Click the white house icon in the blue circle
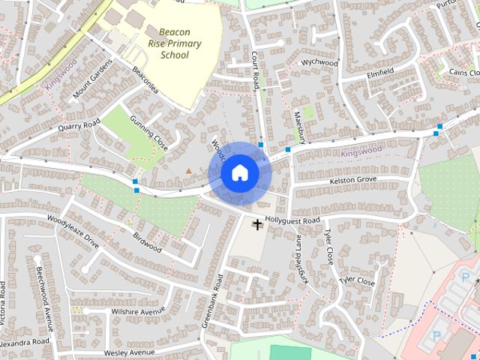240,173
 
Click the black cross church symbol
257,224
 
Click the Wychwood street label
319,64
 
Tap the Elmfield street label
381,73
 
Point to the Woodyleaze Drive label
73,232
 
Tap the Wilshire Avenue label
137,310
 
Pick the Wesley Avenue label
129,352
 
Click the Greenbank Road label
213,300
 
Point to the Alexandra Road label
25,341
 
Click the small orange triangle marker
188,171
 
